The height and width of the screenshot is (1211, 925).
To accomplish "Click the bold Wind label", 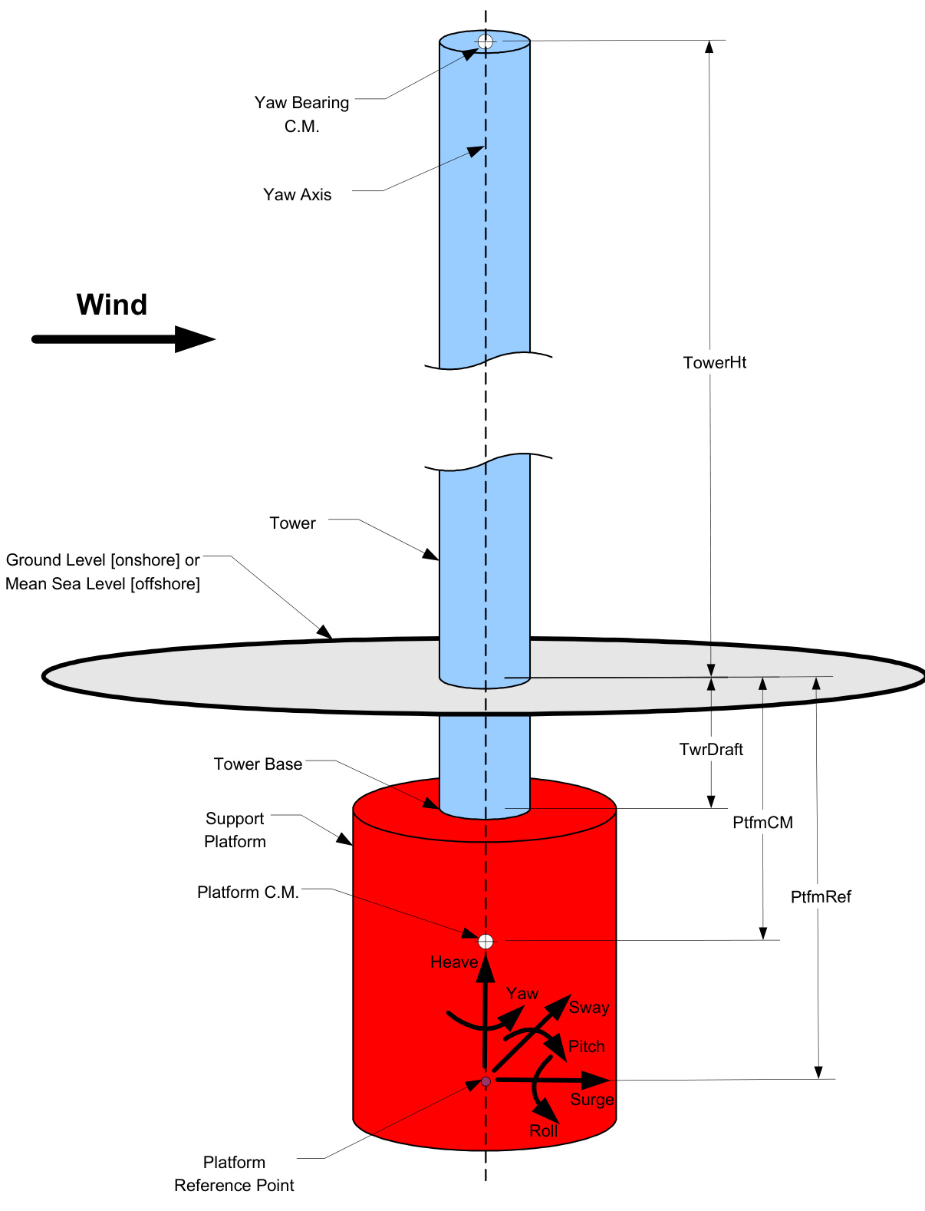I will [112, 305].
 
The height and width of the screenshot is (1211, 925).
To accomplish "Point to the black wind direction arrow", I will [123, 338].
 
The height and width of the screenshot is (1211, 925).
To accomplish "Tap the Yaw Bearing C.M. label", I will [301, 114].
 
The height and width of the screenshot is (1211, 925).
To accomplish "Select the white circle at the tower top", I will [486, 41].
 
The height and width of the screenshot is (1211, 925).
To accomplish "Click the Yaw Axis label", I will [298, 195].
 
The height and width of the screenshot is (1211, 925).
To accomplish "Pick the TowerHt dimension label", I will [714, 363].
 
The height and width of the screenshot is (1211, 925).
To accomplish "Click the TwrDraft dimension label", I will [711, 750].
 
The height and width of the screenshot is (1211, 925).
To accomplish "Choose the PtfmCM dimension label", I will [762, 823].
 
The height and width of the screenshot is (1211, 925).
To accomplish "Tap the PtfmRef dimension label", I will [821, 897].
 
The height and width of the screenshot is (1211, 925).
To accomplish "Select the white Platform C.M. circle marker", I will [486, 942].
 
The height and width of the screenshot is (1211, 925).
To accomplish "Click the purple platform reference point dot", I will [486, 1081].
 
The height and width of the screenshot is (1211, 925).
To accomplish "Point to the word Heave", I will [454, 962].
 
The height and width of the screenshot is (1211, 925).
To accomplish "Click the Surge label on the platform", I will [592, 1100].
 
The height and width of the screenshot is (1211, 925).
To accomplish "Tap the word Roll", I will [544, 1131].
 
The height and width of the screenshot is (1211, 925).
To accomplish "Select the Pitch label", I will [587, 1047].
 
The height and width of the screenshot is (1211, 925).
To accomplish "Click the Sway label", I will [589, 1008].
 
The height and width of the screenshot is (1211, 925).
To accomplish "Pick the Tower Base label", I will [258, 764].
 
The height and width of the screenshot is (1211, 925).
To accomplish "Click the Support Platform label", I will [235, 830].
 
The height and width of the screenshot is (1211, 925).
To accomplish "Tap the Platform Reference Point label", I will [234, 1174].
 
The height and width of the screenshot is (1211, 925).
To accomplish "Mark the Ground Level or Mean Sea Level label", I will [103, 572].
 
